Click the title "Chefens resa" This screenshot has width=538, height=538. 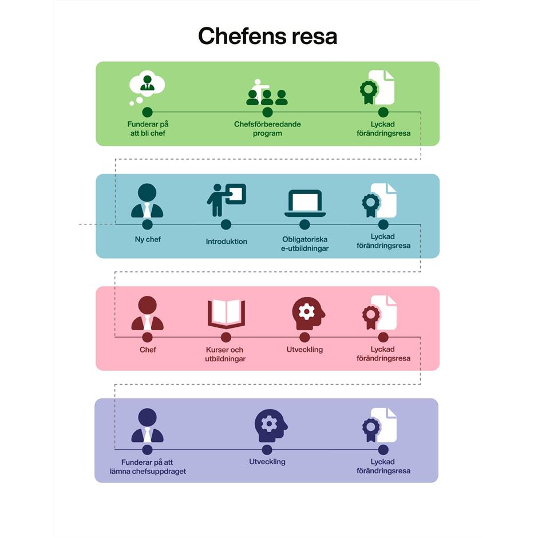coord(267,36)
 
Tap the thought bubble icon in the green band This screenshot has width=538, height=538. coord(147,87)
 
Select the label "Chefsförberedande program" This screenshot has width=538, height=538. coord(267,129)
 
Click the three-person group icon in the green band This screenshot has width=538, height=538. coord(267,93)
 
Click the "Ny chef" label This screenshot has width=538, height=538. coord(147,239)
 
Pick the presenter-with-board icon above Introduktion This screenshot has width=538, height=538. coord(226,200)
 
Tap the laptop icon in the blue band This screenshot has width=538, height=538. coord(304,203)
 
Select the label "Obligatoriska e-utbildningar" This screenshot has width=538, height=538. coord(304,243)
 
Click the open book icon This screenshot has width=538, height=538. coord(226,312)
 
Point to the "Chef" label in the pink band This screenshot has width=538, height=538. coord(147,349)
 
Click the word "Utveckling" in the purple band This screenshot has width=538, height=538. coord(267,461)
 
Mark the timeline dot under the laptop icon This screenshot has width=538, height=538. coord(304,224)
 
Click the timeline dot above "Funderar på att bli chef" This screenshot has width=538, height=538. coord(147,112)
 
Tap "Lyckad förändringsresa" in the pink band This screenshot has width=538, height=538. coord(383,354)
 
